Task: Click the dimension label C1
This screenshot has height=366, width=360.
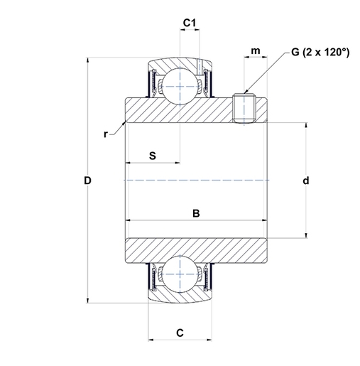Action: point(190,23)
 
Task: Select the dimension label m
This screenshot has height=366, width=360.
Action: point(256,50)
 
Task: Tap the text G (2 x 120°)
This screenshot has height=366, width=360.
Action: point(320,52)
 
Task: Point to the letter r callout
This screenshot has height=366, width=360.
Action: point(106,134)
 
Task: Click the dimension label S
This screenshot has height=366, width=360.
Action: point(153,156)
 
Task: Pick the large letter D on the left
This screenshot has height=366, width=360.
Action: point(87,181)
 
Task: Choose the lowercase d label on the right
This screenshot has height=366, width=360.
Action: point(306,181)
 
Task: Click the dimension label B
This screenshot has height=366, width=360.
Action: point(196,213)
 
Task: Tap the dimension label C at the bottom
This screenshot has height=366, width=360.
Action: point(180,333)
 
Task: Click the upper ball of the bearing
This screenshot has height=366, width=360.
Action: point(180,86)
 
